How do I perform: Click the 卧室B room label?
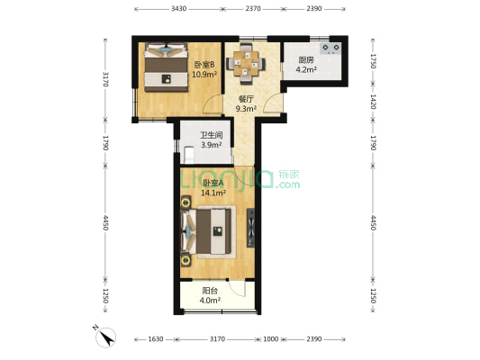tap(204, 65)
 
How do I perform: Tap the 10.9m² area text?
tap(204, 75)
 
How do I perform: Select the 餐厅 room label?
tap(246, 99)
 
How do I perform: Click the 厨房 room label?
tap(306, 60)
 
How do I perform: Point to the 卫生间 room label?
tap(212, 135)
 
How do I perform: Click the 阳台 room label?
tap(210, 291)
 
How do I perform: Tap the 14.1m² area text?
tap(213, 193)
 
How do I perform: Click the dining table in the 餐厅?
tap(246, 63)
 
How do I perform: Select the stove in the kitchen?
tap(331, 49)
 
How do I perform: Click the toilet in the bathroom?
tap(189, 155)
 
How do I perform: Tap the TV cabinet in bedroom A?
tap(250, 228)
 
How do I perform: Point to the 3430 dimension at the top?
tap(178, 9)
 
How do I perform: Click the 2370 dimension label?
tap(253, 9)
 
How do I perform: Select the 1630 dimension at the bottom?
tap(156, 339)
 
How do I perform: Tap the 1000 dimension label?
tap(270, 339)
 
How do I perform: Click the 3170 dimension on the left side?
tap(105, 79)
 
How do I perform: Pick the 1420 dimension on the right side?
tap(373, 102)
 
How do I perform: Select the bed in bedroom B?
tap(167, 67)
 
